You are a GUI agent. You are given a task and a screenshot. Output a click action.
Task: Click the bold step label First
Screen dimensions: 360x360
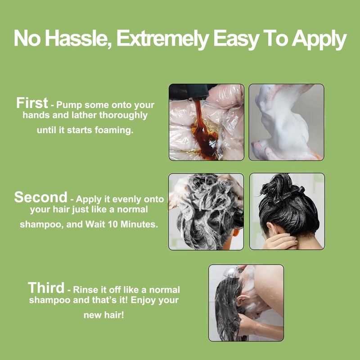tap(32, 103)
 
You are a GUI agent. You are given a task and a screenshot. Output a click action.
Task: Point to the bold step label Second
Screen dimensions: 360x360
tap(40, 197)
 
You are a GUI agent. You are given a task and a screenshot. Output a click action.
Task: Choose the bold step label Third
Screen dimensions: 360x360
tap(46, 288)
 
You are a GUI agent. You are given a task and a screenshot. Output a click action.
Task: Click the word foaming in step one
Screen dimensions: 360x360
tap(115, 130)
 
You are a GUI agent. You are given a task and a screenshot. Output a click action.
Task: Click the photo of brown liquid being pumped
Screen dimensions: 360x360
tap(206, 122)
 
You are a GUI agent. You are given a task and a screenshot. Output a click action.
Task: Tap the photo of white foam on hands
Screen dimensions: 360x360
tap(286, 122)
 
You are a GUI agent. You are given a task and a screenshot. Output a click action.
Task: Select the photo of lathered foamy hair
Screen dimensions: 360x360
tap(206, 211)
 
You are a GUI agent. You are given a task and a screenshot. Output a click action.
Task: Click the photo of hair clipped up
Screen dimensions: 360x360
tap(287, 211)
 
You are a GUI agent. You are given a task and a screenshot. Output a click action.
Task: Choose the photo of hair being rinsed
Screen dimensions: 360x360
tap(246, 302)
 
